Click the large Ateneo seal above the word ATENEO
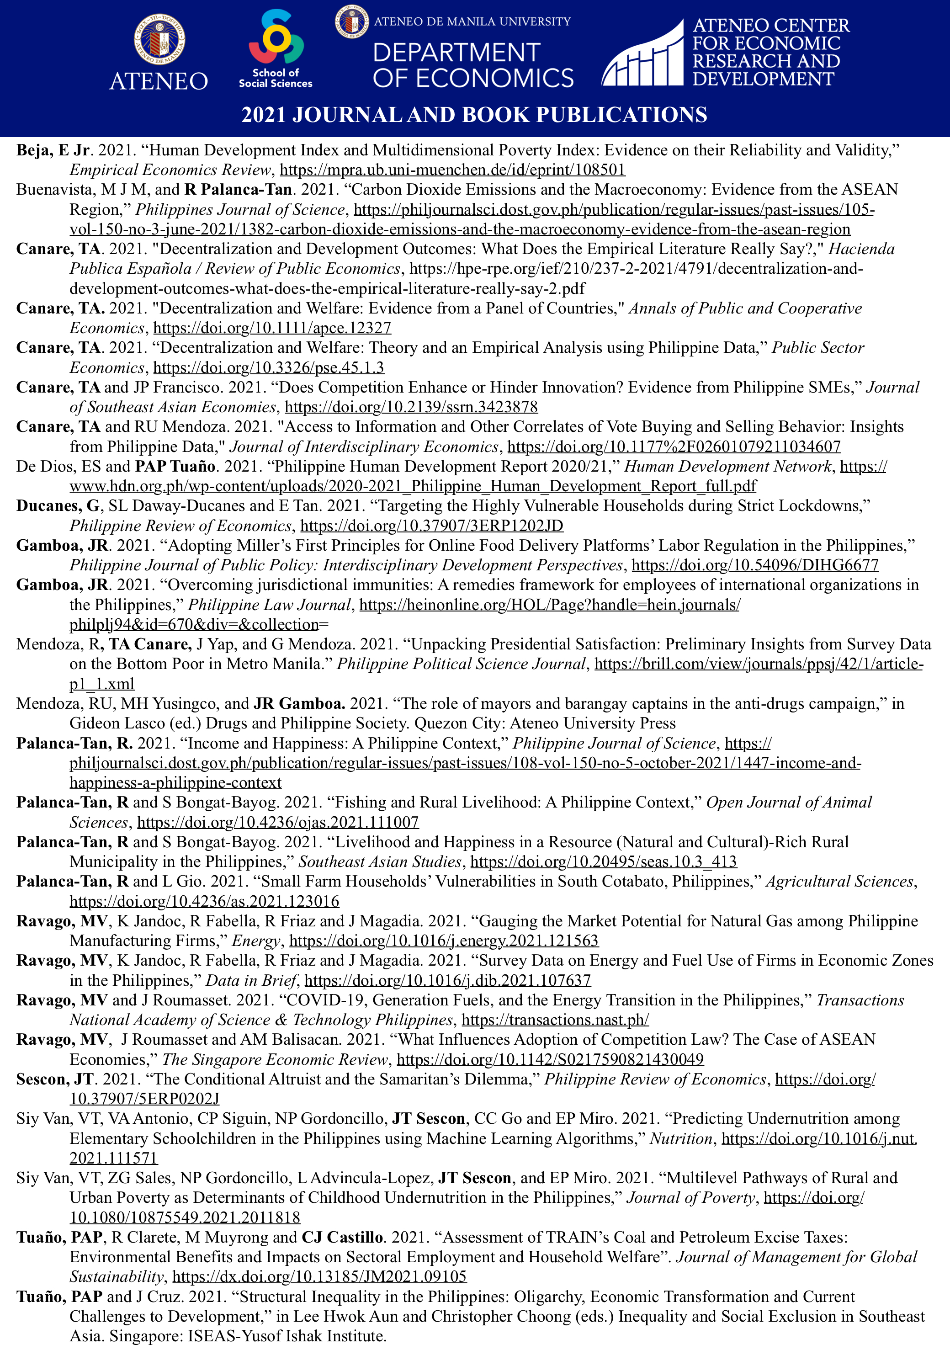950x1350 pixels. pyautogui.click(x=159, y=39)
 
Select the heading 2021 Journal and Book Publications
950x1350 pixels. pyautogui.click(x=474, y=115)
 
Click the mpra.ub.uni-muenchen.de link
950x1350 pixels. pyautogui.click(x=452, y=170)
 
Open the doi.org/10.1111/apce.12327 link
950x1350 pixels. pyautogui.click(x=272, y=328)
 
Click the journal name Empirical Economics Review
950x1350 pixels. pyautogui.click(x=170, y=170)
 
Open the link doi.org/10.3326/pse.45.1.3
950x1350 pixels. pyautogui.click(x=269, y=367)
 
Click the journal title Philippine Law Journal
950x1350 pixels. pyautogui.click(x=269, y=605)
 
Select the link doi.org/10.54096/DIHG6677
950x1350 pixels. pyautogui.click(x=755, y=565)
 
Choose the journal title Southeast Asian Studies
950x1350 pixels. pyautogui.click(x=380, y=861)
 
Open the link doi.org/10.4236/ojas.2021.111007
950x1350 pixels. pyautogui.click(x=278, y=822)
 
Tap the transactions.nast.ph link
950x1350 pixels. pyautogui.click(x=555, y=1020)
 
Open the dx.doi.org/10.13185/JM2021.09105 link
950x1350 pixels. pyautogui.click(x=319, y=1276)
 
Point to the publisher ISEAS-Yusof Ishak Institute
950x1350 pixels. pyautogui.click(x=287, y=1336)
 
